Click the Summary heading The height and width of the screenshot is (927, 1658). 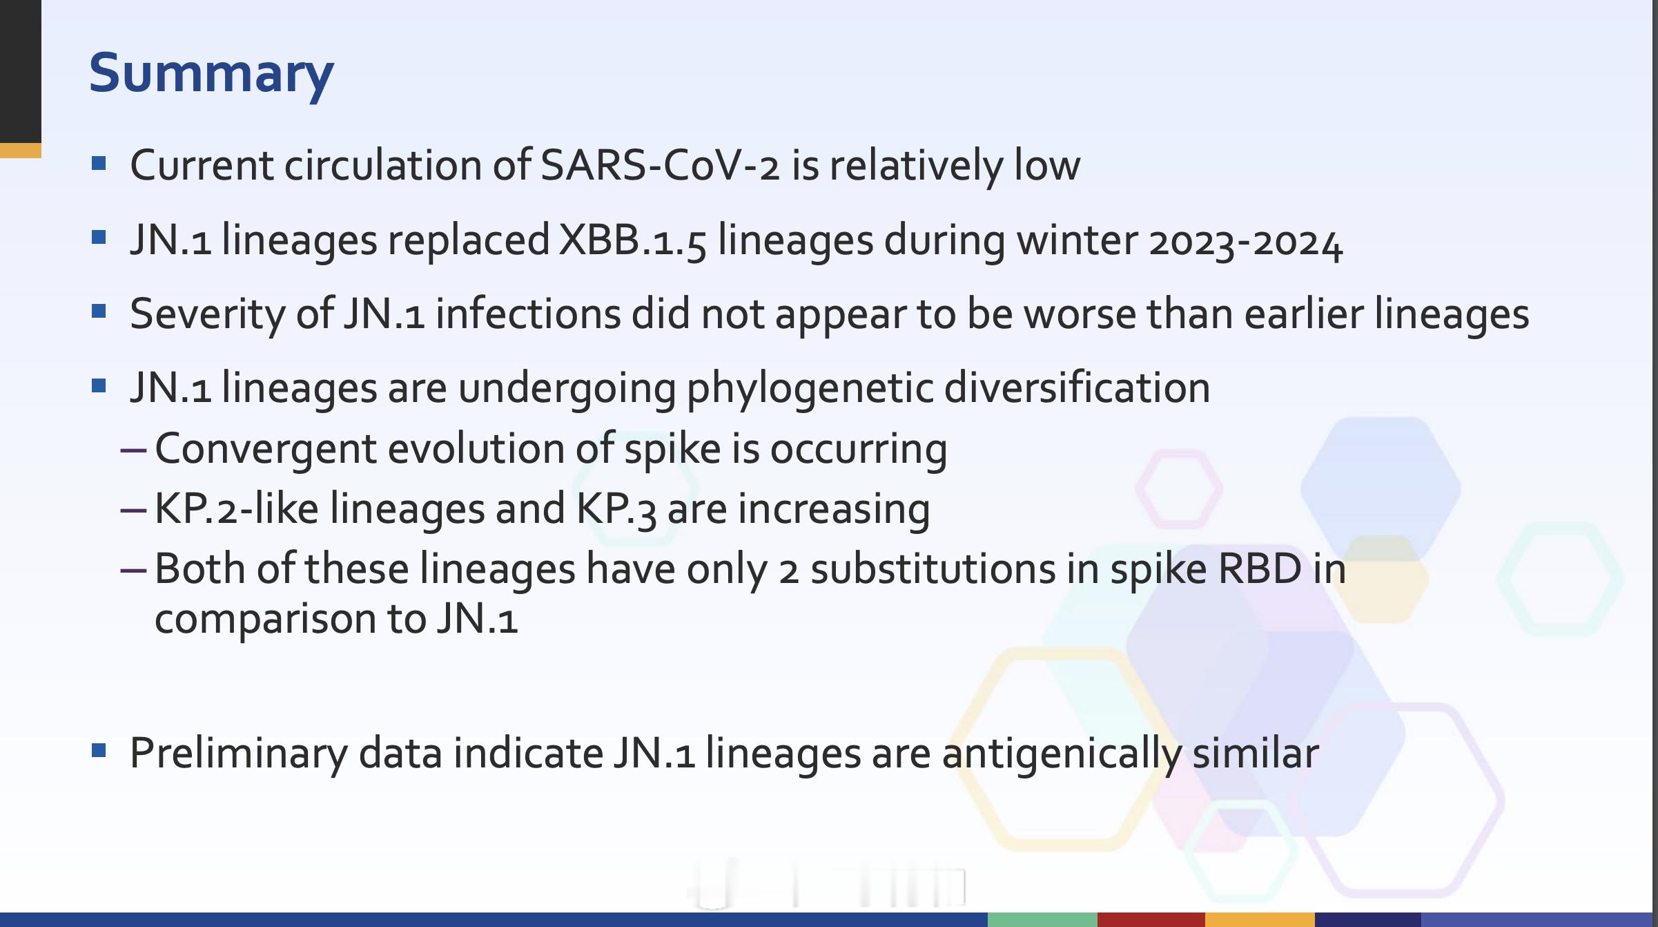[211, 75]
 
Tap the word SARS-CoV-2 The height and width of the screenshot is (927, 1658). [660, 166]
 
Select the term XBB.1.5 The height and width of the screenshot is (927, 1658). [632, 241]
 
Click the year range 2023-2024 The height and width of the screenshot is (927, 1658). [1245, 242]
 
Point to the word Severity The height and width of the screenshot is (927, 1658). [208, 315]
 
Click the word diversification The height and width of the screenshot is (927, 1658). [1077, 387]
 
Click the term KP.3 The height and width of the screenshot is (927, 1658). [616, 510]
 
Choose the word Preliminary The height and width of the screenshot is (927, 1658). [239, 754]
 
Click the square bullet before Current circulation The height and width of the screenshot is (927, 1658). [99, 164]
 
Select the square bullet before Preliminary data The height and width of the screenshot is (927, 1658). [99, 751]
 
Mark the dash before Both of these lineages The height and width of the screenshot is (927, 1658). [133, 570]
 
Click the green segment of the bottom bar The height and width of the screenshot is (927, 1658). [1042, 919]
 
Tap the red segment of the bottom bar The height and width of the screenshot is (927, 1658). [1151, 919]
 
